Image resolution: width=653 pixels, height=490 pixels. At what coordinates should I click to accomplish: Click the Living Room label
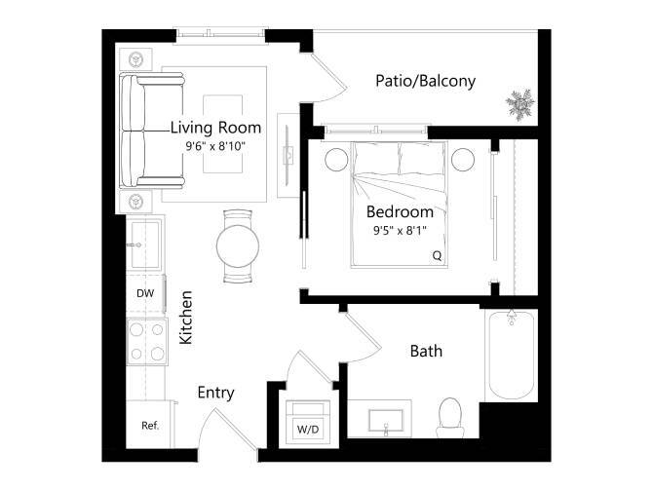[215, 128]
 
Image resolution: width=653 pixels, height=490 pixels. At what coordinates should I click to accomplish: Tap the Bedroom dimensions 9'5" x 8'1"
[400, 231]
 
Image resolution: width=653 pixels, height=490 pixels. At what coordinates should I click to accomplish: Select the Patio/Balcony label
[425, 81]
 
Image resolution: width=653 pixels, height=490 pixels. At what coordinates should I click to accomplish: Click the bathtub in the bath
[510, 357]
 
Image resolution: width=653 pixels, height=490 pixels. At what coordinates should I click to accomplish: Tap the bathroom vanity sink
[387, 422]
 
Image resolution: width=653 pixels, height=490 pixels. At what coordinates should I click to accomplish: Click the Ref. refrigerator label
[149, 426]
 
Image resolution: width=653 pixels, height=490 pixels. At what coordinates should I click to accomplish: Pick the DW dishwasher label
[145, 292]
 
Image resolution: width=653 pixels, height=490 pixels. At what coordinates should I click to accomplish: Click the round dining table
[237, 245]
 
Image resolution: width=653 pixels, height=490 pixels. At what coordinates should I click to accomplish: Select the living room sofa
[140, 132]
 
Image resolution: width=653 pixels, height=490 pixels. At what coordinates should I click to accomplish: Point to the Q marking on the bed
[437, 256]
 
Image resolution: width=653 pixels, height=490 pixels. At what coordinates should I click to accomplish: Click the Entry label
[215, 393]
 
